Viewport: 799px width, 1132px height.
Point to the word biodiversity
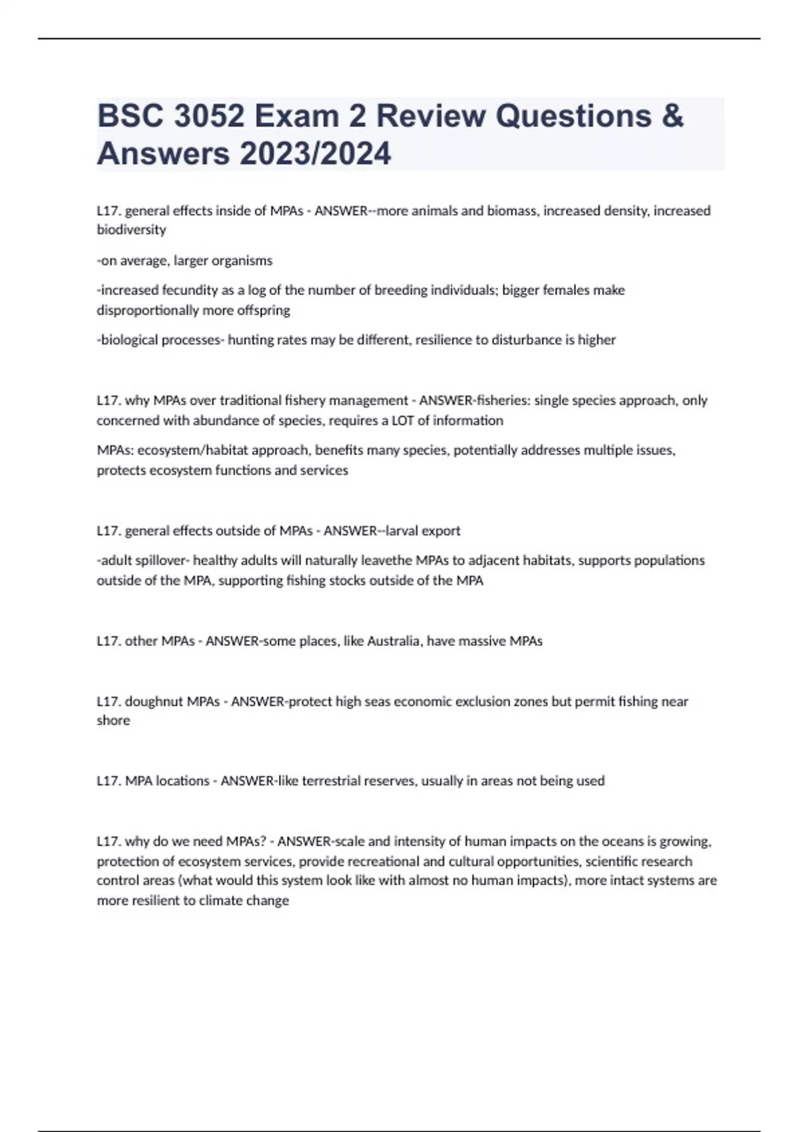pos(131,230)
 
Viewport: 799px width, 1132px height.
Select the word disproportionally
pos(147,310)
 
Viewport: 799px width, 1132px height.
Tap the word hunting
pos(251,340)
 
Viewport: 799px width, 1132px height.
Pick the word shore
pos(113,720)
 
